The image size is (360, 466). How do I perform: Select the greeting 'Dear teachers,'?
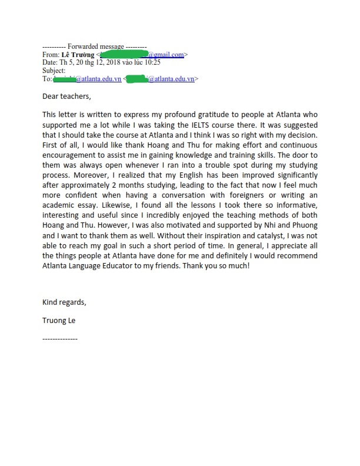point(67,96)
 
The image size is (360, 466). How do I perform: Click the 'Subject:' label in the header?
point(56,70)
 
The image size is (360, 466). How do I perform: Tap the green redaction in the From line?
point(124,55)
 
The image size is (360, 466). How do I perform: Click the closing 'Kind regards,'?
point(64,302)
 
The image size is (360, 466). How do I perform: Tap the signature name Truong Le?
point(59,321)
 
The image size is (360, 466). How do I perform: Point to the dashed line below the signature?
point(60,339)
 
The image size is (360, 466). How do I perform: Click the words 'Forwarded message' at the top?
point(96,46)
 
